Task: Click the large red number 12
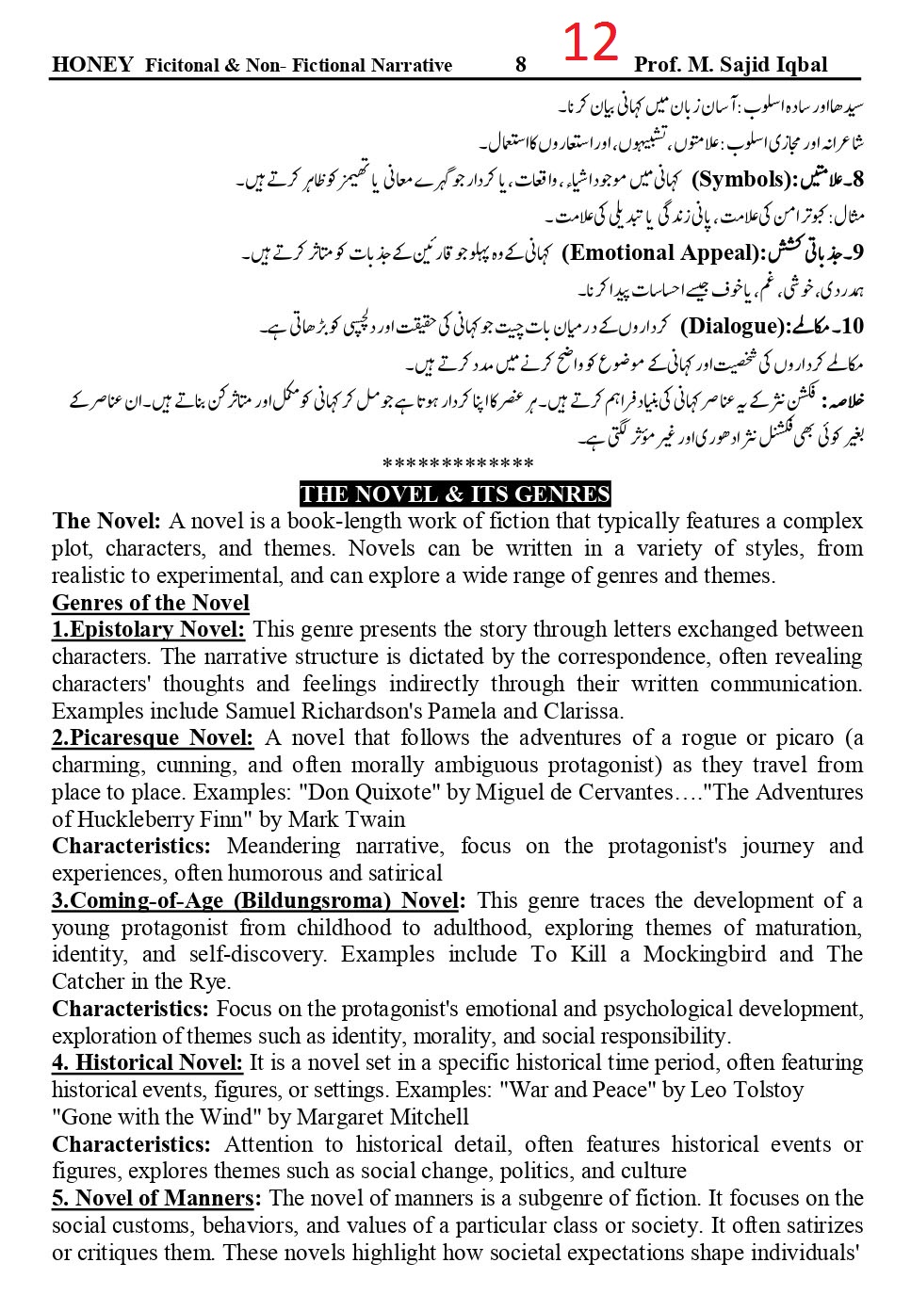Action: click(x=591, y=42)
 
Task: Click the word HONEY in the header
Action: click(x=92, y=65)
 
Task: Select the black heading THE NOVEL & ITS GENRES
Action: click(x=455, y=494)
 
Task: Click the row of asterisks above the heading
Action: click(x=459, y=464)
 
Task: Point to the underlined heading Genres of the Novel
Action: click(x=151, y=603)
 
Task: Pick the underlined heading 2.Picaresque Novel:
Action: click(x=153, y=737)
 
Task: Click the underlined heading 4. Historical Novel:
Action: click(x=147, y=1062)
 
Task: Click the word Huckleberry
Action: click(x=137, y=819)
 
